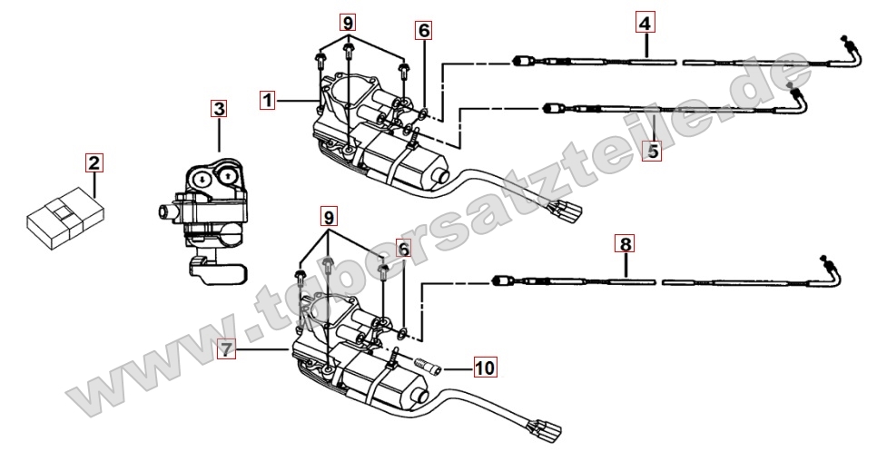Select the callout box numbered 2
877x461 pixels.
94,163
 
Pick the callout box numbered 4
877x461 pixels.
644,21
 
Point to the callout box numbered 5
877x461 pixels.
652,151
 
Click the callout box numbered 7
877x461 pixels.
227,348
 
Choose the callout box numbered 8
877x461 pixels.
625,243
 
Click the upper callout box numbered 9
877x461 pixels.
350,21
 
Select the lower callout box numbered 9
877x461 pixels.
328,216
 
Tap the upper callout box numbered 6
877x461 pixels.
424,29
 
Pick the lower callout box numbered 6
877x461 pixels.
403,247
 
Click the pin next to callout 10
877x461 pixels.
429,368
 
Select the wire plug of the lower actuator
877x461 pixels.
548,427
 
